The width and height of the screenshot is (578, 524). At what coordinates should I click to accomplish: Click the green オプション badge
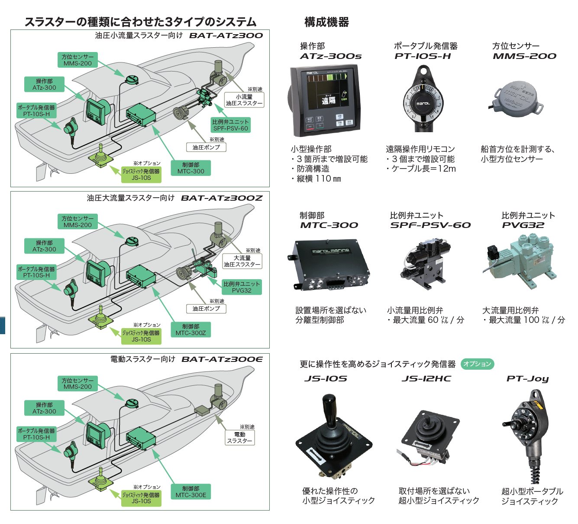click(477, 364)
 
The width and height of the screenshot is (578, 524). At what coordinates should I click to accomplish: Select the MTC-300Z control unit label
click(191, 330)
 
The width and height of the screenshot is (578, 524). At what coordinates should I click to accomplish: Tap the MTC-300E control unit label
click(191, 491)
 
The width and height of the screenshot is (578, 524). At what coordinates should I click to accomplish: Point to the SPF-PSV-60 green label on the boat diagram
click(231, 125)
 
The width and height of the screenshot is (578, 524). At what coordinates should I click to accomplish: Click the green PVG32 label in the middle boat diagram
click(242, 287)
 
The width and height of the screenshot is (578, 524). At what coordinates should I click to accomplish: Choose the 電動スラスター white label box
click(239, 437)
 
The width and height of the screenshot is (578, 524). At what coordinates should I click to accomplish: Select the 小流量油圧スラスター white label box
click(244, 100)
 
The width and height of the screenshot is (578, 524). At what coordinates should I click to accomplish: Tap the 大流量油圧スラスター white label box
click(242, 261)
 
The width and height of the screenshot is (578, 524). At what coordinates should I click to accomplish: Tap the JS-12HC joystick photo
click(429, 438)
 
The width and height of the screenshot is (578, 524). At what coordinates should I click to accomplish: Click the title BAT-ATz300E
click(222, 359)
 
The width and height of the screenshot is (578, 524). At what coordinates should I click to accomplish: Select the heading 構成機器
click(326, 22)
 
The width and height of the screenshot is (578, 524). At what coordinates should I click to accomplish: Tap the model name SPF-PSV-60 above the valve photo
click(430, 225)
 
